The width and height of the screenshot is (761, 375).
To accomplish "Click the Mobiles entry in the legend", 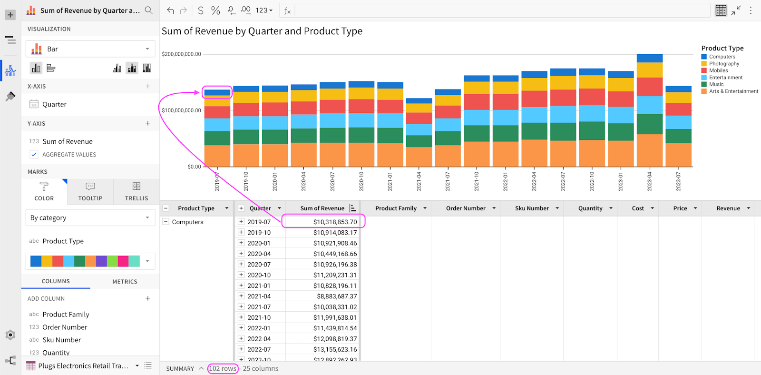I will point(718,70).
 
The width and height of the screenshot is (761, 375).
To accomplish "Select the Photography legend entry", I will point(724,64).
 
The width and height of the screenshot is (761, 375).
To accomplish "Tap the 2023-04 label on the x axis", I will point(650,181).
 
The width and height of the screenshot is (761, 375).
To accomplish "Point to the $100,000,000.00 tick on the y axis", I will point(181,110).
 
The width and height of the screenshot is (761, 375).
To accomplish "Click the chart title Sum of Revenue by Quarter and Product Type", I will point(262,31).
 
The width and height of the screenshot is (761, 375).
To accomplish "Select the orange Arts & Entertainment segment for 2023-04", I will point(650,150).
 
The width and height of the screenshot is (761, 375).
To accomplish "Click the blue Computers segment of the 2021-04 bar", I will point(419,101).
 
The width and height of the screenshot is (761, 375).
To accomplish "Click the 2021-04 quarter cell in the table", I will point(259,296).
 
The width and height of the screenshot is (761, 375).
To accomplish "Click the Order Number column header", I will point(465,208).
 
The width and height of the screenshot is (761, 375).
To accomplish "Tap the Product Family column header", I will point(396,208).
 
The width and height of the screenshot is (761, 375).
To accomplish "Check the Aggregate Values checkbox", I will point(34,154).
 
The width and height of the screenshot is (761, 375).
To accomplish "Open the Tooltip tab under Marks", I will point(90,192).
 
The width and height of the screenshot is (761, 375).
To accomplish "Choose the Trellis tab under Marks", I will point(137,192).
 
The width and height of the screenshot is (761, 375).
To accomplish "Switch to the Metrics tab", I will point(125,282).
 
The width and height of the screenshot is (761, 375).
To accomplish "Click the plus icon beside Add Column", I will point(148,298).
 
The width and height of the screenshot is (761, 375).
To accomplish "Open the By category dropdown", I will point(90,218).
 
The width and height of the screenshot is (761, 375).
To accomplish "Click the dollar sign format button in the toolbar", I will point(201,10).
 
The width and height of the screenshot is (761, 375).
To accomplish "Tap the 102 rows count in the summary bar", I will point(223,368).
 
